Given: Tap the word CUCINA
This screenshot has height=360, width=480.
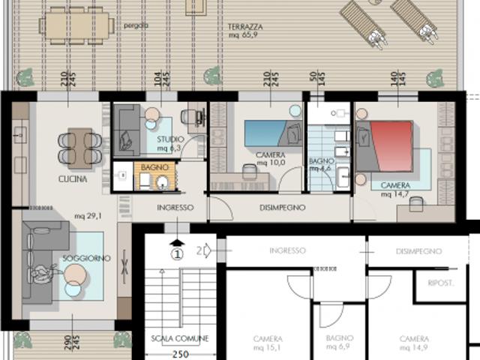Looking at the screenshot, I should point(73,179).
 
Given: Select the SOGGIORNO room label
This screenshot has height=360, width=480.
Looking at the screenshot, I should point(87,258).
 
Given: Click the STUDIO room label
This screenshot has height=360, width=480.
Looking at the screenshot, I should point(171,139).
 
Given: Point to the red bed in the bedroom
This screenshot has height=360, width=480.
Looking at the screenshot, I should point(389,144).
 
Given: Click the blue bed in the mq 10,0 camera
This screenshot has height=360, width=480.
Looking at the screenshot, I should point(268,134).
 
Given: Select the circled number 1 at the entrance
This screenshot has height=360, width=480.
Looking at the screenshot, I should point(176,253).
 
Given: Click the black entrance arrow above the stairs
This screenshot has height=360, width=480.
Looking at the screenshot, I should point(176,241).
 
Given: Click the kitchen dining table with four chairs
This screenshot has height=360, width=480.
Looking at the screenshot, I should point(80,146).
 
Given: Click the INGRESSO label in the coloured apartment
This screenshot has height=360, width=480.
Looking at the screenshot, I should point(175,207).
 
